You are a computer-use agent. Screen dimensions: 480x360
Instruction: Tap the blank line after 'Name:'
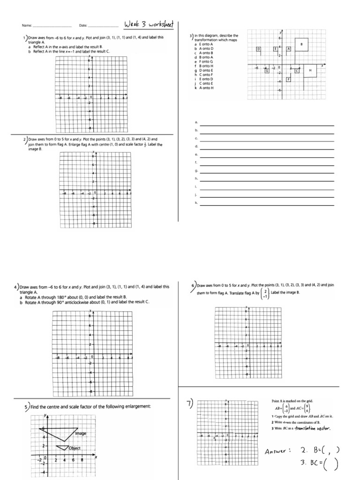tap(52, 26)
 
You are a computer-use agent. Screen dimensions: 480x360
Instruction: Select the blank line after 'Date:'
tap(103, 26)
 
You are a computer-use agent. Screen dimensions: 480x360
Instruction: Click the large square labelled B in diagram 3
tap(301, 45)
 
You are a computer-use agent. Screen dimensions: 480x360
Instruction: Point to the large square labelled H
tap(310, 70)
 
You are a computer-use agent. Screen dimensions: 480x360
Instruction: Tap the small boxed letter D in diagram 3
tap(258, 49)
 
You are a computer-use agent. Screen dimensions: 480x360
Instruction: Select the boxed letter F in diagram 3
tap(288, 80)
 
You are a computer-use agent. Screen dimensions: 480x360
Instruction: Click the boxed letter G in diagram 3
tap(267, 71)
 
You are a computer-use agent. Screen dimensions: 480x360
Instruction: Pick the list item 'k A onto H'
tap(203, 88)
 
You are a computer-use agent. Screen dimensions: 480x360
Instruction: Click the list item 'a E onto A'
tap(203, 44)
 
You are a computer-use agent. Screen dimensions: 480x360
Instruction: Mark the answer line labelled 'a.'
tap(267, 125)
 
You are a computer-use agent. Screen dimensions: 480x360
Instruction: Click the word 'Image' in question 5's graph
tap(81, 434)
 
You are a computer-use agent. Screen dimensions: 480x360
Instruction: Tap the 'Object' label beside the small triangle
tap(74, 448)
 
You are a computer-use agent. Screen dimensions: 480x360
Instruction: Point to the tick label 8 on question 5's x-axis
tap(82, 460)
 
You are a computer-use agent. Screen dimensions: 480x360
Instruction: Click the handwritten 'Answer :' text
tap(278, 451)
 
